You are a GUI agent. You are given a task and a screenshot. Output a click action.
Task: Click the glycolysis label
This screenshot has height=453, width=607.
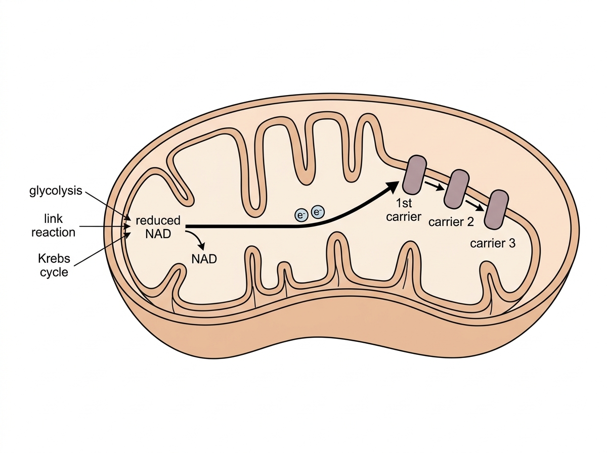[56, 191]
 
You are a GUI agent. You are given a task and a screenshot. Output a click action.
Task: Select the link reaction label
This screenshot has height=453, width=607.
[54, 225]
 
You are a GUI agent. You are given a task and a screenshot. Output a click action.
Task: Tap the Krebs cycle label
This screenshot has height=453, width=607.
[54, 265]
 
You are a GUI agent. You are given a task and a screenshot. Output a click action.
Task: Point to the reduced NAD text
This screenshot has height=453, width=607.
[158, 227]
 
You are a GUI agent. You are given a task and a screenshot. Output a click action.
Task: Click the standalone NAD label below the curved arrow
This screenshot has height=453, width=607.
[204, 259]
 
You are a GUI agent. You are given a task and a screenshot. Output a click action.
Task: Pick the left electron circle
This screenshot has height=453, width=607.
[301, 215]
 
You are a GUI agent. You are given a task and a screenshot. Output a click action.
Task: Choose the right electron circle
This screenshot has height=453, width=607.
[318, 212]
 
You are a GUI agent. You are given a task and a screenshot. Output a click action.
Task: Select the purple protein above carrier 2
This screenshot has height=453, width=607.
[456, 189]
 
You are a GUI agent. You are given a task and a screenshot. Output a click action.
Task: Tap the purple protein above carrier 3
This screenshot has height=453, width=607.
[496, 209]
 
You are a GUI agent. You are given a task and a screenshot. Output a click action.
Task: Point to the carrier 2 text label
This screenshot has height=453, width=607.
[451, 221]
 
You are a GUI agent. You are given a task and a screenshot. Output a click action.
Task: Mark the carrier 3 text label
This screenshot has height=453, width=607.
[493, 243]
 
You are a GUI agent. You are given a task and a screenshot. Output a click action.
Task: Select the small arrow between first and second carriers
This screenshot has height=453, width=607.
[434, 186]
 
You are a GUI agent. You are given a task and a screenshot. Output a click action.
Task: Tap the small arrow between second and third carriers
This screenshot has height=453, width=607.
[474, 206]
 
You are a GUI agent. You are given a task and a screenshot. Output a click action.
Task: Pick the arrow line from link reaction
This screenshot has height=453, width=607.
[105, 226]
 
